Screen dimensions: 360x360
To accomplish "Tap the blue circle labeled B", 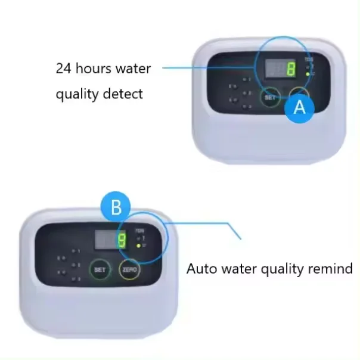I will point(116,208).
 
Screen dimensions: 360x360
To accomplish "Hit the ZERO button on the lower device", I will point(130,270).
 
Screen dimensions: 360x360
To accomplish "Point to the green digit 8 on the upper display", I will point(290,69).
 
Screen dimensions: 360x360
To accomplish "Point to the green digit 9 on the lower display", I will point(121,241).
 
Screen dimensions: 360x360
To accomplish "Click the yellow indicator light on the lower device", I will point(138,245).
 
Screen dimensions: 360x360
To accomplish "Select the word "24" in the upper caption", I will point(64,68).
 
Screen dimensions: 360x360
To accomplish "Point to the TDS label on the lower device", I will point(138,229).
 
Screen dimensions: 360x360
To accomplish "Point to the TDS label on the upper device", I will point(308,59).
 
